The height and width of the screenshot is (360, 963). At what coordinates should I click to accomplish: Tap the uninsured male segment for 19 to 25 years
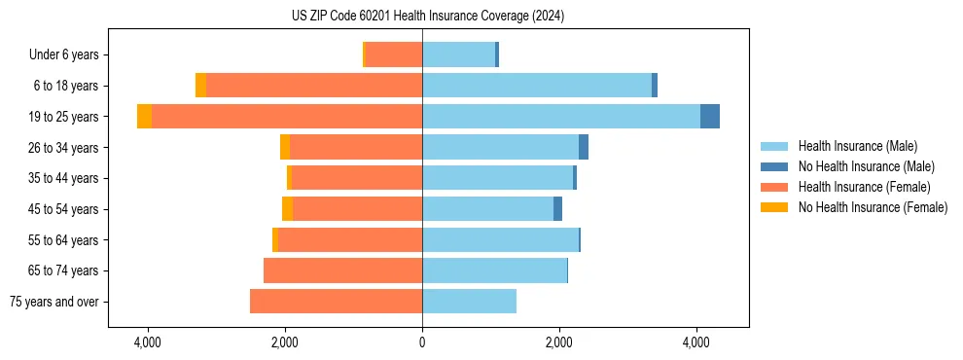tap(710, 116)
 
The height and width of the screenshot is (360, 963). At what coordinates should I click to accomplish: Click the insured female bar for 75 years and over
tap(336, 302)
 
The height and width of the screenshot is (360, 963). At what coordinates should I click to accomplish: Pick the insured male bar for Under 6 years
tap(458, 54)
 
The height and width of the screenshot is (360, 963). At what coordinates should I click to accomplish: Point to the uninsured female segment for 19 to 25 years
tap(144, 116)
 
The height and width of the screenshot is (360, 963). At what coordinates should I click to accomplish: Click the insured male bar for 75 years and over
tap(469, 302)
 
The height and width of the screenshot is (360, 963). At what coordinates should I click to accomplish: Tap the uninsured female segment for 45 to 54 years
tap(287, 209)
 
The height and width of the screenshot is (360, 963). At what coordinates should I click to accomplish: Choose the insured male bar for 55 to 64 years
tap(500, 239)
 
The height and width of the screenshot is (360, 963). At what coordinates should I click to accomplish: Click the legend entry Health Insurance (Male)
tap(856, 146)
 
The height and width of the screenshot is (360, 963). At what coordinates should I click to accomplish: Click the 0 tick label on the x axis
tap(422, 342)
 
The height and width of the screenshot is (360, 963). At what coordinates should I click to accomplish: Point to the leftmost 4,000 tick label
tap(148, 342)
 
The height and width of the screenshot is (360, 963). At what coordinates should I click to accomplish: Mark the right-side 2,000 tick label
tap(559, 342)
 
